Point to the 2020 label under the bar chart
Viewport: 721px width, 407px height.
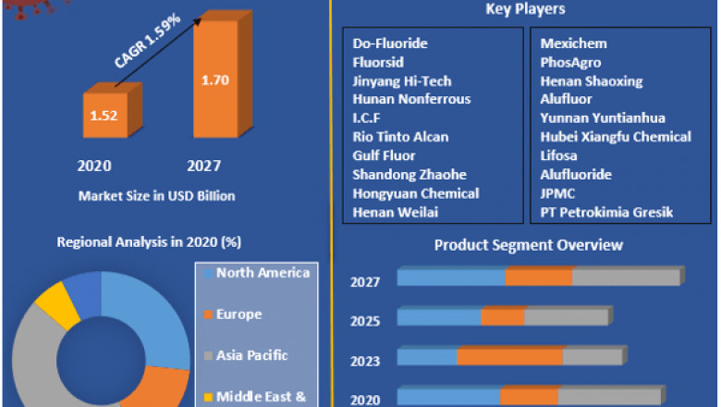tap(94, 166)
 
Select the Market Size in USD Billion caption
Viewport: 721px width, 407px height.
tap(156, 196)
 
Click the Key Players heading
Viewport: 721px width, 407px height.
tap(525, 9)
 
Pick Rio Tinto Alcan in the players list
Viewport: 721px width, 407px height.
tap(400, 137)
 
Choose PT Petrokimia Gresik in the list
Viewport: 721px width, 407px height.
tap(606, 213)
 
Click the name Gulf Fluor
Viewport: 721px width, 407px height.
tap(384, 155)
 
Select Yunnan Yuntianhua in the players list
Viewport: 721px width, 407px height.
tap(603, 118)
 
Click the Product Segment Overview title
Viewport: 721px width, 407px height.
tap(529, 245)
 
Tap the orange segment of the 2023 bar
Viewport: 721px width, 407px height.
tap(509, 357)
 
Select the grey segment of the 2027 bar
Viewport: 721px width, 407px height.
tap(626, 277)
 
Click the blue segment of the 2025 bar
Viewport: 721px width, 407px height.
tap(439, 317)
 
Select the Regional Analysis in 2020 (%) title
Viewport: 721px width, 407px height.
tap(149, 242)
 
